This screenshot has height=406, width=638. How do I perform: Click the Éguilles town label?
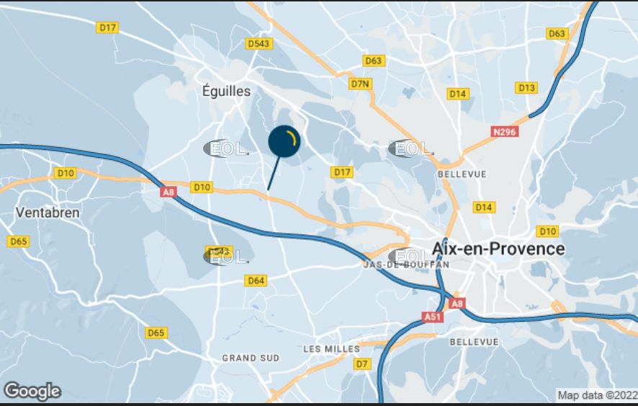[227, 92]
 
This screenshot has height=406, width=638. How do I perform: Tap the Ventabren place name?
[47, 213]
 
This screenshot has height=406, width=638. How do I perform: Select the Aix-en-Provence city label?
[498, 249]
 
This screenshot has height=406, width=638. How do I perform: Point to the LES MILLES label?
[331, 349]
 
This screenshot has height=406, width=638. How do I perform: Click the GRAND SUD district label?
[251, 358]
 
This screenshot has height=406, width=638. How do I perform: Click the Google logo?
[32, 391]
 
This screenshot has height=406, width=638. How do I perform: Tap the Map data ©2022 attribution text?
[597, 395]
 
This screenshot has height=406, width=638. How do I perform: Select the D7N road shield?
[360, 84]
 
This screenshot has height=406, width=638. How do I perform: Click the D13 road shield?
[527, 88]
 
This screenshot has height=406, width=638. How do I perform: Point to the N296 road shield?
[506, 132]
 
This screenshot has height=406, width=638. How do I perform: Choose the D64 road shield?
[256, 281]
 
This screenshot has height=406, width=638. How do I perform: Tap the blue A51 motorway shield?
[432, 317]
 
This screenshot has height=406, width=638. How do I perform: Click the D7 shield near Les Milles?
[361, 364]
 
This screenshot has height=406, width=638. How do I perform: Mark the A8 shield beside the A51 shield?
[457, 304]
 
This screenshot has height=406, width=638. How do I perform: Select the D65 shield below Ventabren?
[19, 241]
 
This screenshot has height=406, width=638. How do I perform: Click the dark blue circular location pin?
[284, 141]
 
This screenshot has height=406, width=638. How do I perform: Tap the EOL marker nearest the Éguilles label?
[225, 149]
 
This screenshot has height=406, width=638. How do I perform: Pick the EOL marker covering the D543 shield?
[225, 256]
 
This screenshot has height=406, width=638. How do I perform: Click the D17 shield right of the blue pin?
[342, 172]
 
